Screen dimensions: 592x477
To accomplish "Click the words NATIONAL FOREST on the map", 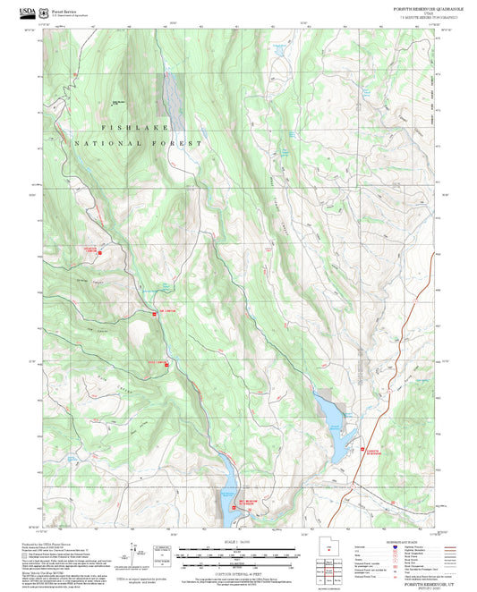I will click(139, 143).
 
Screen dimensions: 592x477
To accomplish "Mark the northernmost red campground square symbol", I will click(99, 253).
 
